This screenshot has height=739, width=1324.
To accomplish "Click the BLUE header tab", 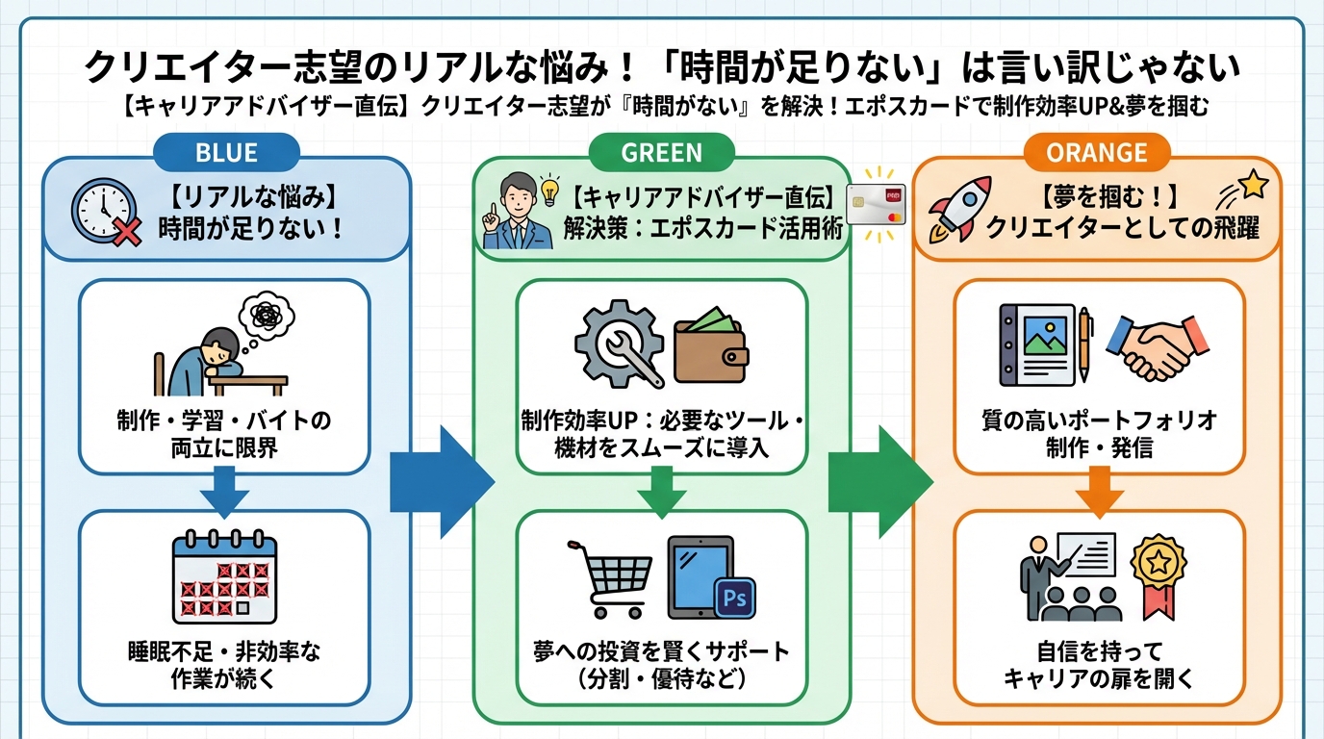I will [x=226, y=151].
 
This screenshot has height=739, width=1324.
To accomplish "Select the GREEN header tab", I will [x=661, y=151].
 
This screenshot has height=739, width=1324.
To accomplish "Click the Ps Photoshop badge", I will [x=735, y=599].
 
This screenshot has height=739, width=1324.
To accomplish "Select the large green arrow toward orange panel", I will [x=878, y=481].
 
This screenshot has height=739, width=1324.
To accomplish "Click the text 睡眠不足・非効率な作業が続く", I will [x=223, y=665].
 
